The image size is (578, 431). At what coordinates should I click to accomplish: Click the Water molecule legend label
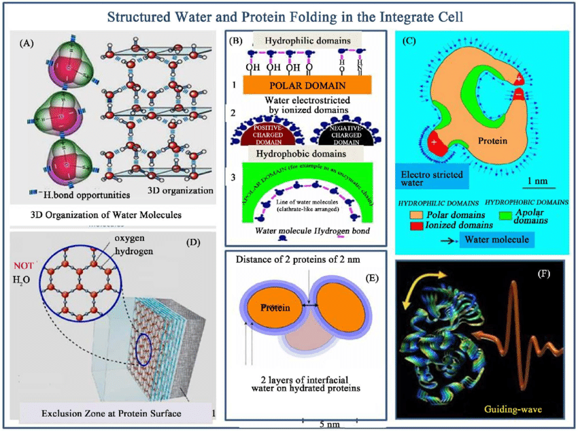[494, 239]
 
